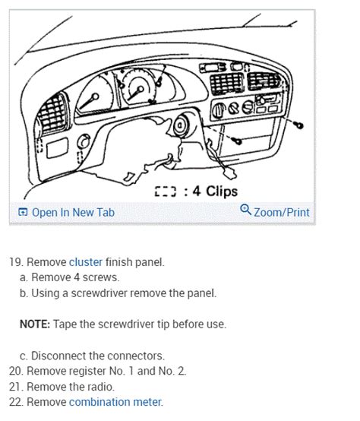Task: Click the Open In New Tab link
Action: (73, 212)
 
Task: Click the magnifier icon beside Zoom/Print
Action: (245, 210)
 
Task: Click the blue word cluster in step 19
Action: (86, 262)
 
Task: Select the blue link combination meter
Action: (115, 402)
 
